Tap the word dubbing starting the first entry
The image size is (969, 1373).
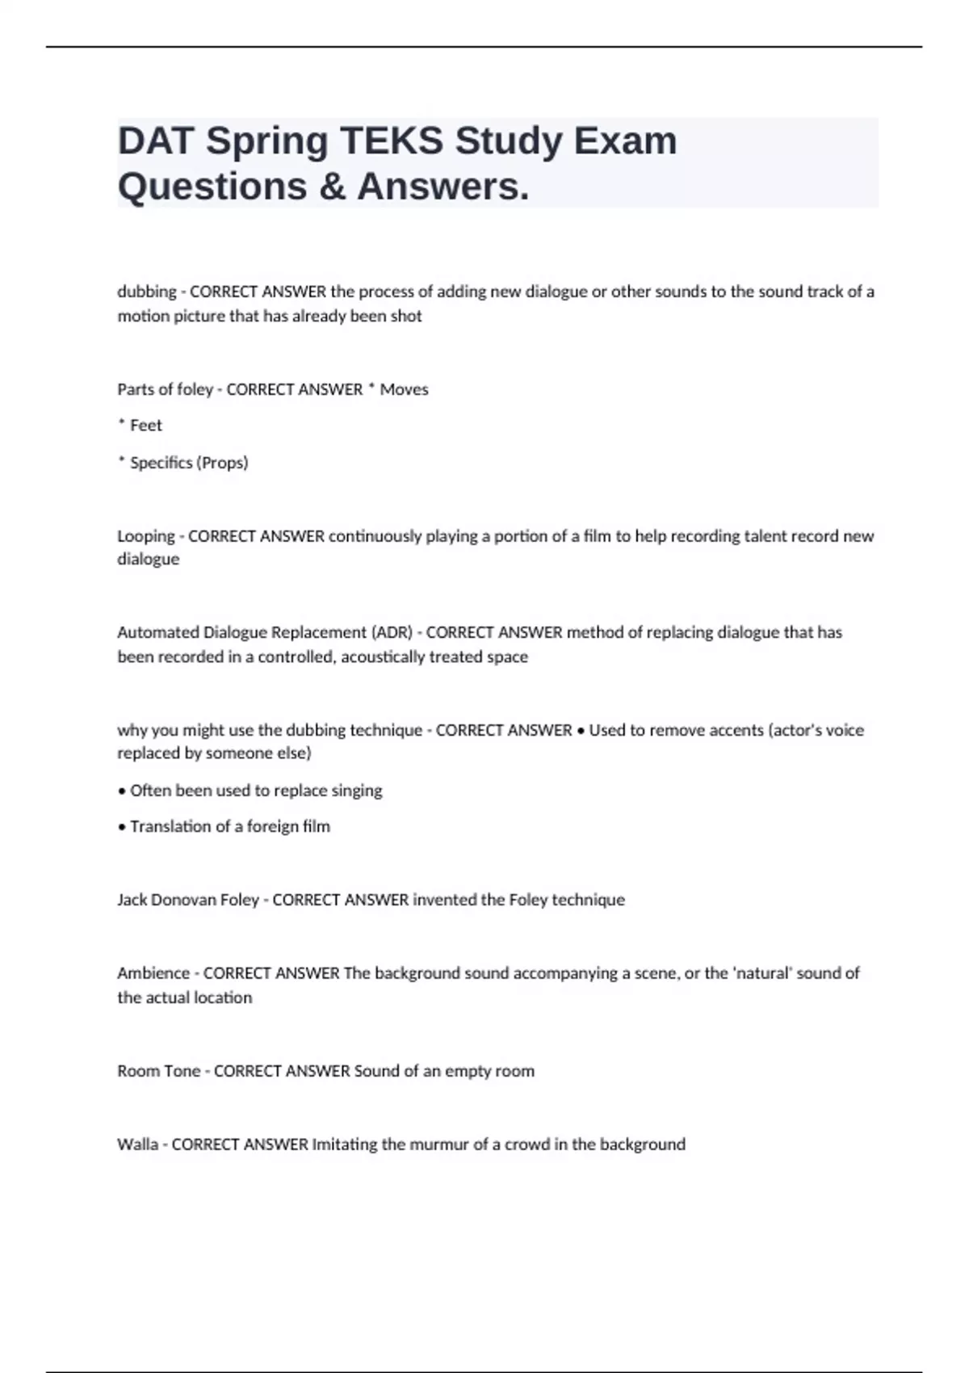point(146,292)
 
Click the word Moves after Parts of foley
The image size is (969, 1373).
point(404,389)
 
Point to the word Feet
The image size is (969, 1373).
point(146,426)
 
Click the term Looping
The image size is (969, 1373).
point(146,536)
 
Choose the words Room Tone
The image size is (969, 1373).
point(159,1072)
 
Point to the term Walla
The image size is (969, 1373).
point(137,1145)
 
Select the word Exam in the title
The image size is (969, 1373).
point(626,141)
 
